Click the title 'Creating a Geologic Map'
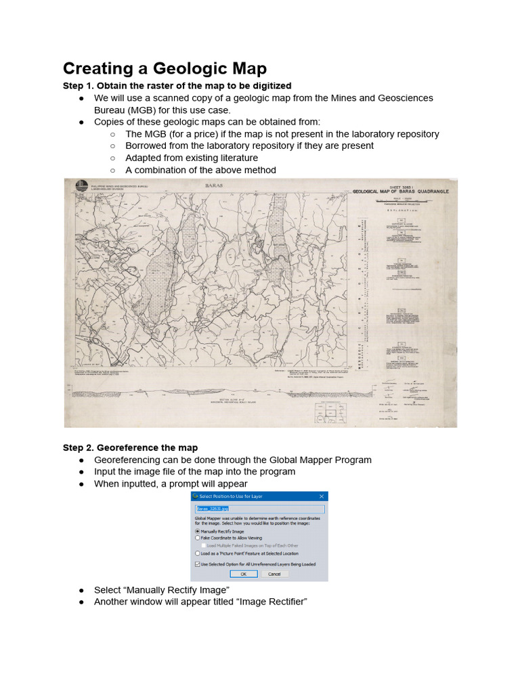pos(165,68)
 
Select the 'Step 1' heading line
pos(177,86)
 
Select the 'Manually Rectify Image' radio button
pos(198,532)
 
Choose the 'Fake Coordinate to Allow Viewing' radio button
pos(198,539)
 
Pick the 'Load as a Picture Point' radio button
pos(198,553)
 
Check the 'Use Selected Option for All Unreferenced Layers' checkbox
pos(198,564)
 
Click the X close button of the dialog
pos(321,496)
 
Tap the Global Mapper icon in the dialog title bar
pos(196,496)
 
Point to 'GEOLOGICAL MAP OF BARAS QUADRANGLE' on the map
pos(400,192)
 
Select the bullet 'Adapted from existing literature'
pos(191,158)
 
